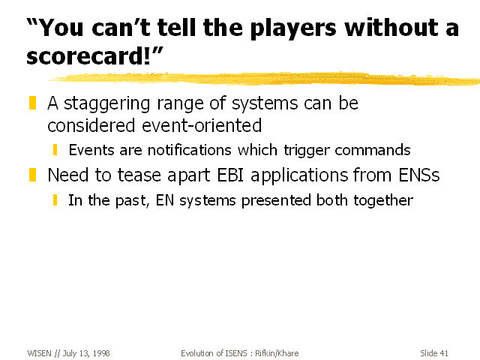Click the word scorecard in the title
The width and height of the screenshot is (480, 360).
86,56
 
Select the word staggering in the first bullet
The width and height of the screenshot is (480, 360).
106,104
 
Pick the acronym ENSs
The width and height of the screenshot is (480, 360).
419,175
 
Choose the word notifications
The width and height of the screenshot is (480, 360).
190,150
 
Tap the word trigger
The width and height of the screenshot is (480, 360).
307,151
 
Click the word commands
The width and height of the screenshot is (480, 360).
373,150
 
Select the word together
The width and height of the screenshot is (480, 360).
383,201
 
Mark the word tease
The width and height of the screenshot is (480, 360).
139,175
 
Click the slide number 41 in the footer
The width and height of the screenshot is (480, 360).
444,353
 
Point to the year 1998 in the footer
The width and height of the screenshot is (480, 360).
101,353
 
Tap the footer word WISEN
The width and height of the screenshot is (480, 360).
39,353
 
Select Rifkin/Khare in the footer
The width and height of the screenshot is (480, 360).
277,353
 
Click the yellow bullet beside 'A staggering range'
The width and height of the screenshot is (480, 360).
32,103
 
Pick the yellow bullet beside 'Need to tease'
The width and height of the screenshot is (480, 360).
32,175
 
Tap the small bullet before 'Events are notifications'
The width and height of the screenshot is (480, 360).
55,150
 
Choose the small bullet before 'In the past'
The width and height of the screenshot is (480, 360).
55,200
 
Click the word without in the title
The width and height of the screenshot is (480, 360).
391,28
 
